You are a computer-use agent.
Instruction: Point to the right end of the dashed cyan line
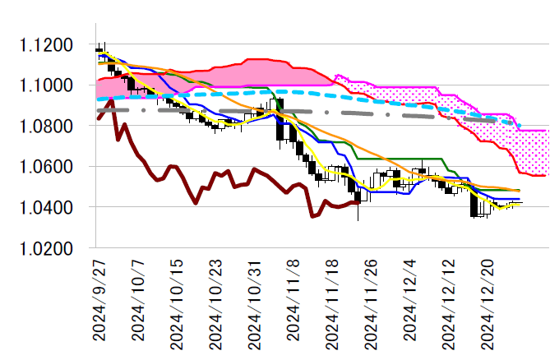(520, 127)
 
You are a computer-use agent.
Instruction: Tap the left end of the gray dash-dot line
(98, 110)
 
